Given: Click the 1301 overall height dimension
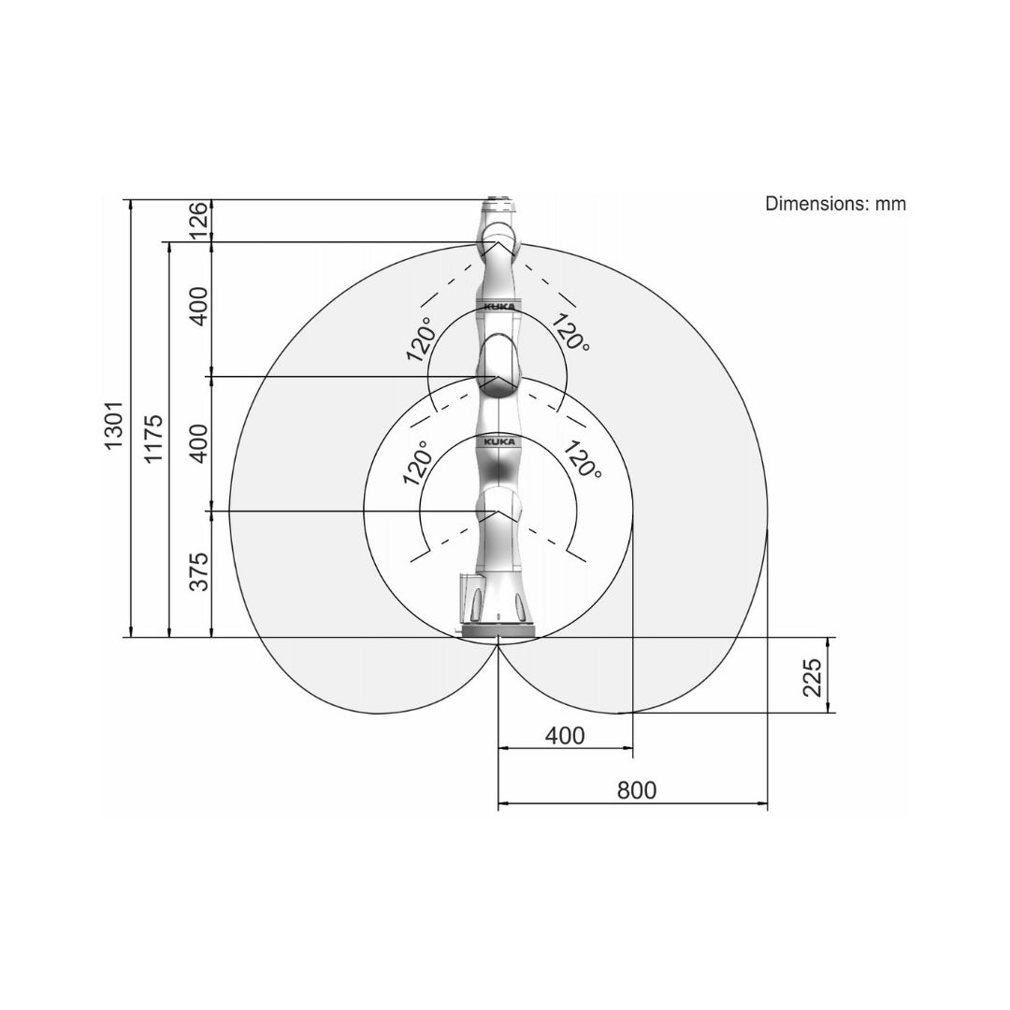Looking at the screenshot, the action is [115, 426].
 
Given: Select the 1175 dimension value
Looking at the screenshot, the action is [153, 440].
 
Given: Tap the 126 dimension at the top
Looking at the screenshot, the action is [199, 219].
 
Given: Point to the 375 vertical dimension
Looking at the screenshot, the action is [199, 571].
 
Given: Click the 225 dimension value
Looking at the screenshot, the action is [813, 678].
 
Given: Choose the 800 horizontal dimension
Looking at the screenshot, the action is [637, 789].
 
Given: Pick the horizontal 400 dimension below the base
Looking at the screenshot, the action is [565, 736].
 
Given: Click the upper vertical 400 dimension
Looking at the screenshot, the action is [199, 306].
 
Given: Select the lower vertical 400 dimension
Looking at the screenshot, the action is [199, 443].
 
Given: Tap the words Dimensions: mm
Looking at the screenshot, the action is [835, 204].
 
